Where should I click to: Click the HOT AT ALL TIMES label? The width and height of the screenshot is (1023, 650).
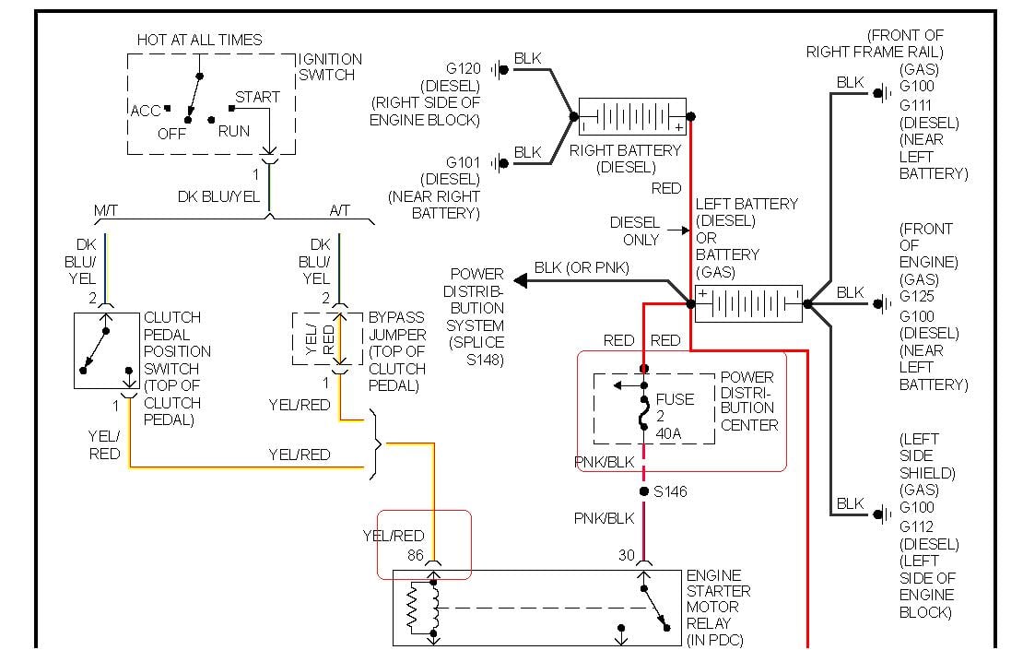coord(199,40)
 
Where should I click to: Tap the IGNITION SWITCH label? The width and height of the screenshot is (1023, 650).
coord(331,66)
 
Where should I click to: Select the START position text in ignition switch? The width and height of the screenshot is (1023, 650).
coord(257,97)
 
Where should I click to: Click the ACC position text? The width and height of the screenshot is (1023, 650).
coord(146,111)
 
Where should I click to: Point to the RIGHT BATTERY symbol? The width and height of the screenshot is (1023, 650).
coord(632,118)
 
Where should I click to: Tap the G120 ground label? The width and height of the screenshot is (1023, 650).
coord(464,67)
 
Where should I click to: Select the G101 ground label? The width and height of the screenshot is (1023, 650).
coord(464,162)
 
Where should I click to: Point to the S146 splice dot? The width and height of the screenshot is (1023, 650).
coord(643,491)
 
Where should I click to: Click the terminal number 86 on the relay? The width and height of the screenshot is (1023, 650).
coord(415,555)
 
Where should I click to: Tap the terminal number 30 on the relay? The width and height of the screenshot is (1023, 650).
coord(626,555)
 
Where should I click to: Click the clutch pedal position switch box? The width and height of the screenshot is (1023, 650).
coord(107,350)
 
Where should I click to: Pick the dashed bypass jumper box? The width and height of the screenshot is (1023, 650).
coord(327,339)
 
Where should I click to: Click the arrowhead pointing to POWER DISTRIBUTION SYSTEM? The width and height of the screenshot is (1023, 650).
coord(521,280)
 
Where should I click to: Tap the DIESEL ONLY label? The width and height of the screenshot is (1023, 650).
coord(635,230)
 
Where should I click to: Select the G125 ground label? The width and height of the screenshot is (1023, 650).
coord(916,297)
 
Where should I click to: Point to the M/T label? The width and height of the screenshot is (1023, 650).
coord(107,211)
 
